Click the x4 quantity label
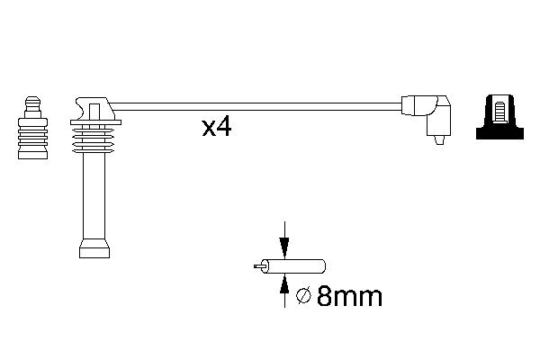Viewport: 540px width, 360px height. (x=217, y=128)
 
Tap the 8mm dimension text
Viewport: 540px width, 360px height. (x=350, y=296)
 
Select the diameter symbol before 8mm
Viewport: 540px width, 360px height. (x=303, y=296)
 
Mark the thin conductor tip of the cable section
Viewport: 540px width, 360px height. (x=259, y=267)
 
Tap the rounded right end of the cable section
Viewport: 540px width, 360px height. (x=321, y=267)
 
